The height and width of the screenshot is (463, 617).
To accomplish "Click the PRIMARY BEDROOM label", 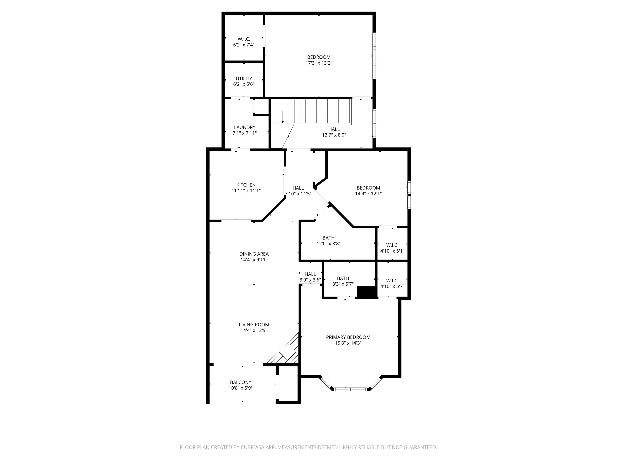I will (x=348, y=337).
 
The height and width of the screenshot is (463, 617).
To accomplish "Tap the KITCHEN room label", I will (x=246, y=185).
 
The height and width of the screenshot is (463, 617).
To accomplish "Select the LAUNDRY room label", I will (x=245, y=127).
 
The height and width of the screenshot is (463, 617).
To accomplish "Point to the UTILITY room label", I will (x=244, y=78).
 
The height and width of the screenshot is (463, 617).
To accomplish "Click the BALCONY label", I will (x=240, y=382).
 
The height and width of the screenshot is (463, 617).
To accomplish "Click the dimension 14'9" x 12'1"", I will (x=368, y=194).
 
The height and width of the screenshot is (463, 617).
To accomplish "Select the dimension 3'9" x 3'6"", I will (x=310, y=280).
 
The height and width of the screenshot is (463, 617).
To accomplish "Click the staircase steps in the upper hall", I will (x=322, y=111).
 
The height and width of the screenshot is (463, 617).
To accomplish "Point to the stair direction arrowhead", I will (x=283, y=122).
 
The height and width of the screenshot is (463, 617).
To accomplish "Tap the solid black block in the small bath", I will (x=366, y=292).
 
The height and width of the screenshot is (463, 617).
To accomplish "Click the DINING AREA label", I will (x=254, y=254).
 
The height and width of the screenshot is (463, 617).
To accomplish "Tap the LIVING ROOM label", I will (x=254, y=325).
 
